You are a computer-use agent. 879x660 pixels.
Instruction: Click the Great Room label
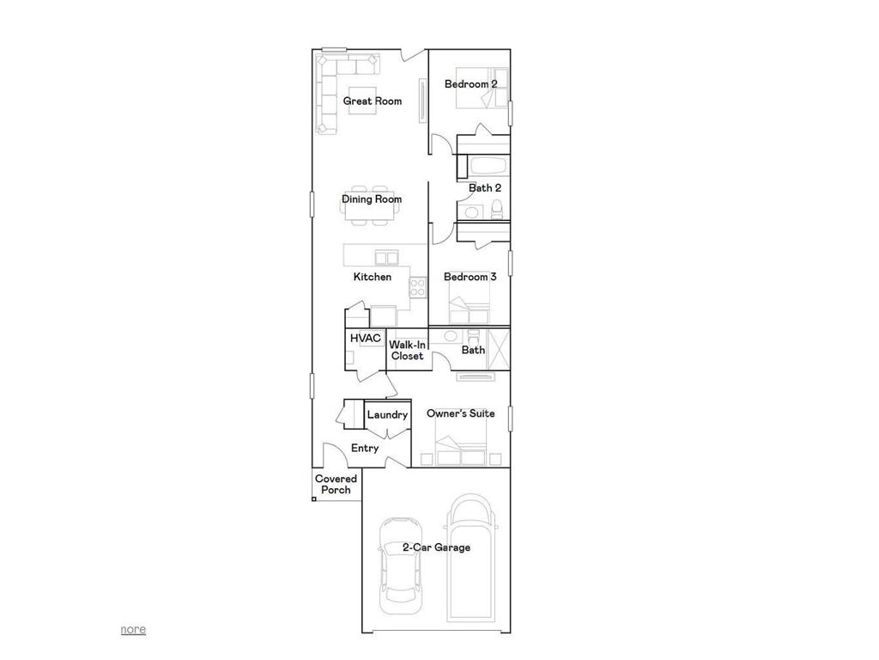tap(373, 101)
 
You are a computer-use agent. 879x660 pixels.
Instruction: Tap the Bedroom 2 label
tap(470, 84)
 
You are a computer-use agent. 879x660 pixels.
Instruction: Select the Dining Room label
tap(372, 199)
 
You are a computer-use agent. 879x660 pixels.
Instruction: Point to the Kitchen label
tap(373, 277)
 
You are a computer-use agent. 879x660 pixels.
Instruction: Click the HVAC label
tap(365, 339)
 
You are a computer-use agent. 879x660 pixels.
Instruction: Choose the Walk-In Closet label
tap(407, 351)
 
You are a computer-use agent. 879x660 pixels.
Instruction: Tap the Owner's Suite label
tap(460, 413)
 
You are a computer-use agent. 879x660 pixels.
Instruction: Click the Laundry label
tap(387, 415)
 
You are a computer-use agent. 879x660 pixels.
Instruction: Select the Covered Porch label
tap(336, 485)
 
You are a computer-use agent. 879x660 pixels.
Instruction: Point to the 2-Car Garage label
tap(436, 547)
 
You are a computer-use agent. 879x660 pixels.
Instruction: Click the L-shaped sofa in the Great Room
tap(330, 86)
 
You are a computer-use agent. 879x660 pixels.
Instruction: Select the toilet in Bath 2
tap(496, 209)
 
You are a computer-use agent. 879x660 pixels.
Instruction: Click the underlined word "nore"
tap(133, 629)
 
